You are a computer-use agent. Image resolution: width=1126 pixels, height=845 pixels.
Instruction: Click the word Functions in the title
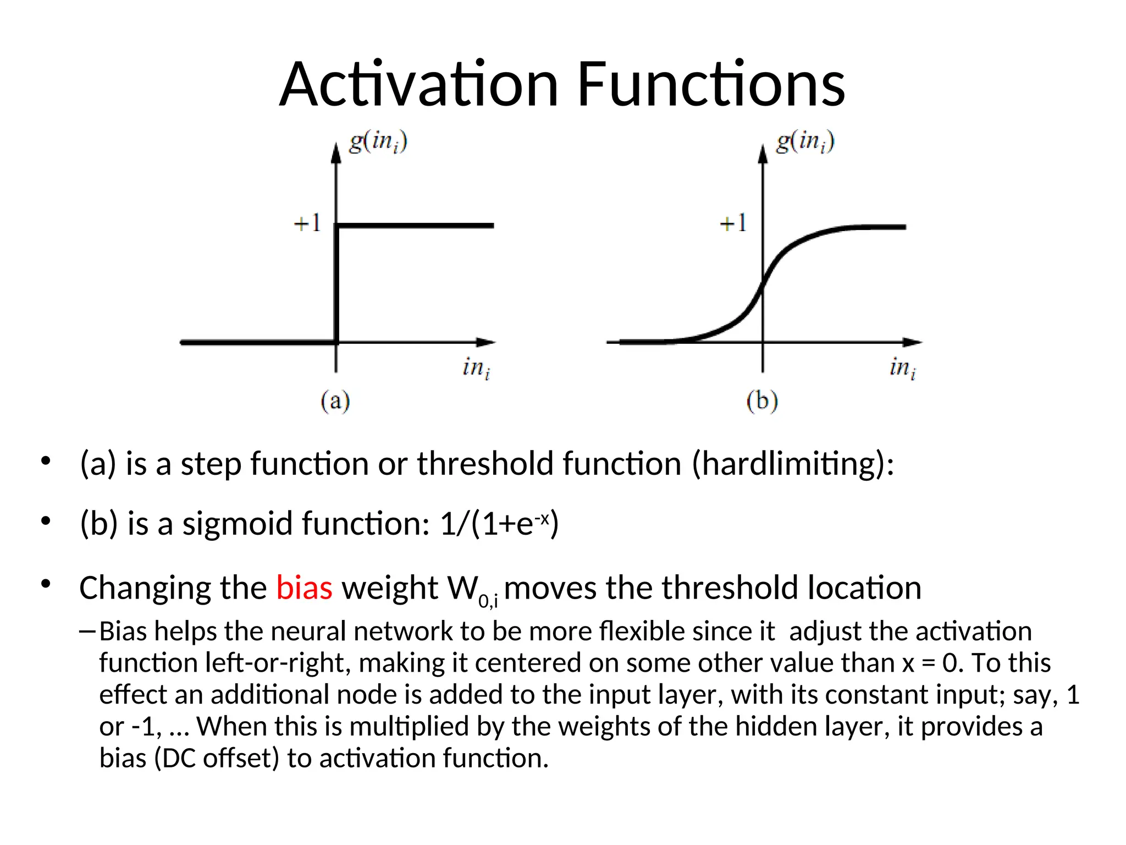[x=711, y=85]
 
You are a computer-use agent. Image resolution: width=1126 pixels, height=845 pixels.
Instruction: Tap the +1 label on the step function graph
[x=307, y=223]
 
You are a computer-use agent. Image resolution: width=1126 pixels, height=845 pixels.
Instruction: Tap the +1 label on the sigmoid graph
[x=733, y=223]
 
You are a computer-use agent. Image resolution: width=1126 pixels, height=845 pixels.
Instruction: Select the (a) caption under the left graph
[x=335, y=400]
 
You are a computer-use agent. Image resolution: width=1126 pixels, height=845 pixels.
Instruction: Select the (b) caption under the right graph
[x=762, y=400]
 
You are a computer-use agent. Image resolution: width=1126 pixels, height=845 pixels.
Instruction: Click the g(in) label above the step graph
[x=378, y=142]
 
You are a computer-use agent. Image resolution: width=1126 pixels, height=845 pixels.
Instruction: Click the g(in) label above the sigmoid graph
[x=805, y=142]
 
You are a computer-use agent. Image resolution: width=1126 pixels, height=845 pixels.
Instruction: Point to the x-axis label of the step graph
[x=476, y=367]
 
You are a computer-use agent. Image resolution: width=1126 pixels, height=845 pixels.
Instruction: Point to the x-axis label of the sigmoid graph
[x=903, y=367]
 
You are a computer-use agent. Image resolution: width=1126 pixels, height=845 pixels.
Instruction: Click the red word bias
[x=304, y=588]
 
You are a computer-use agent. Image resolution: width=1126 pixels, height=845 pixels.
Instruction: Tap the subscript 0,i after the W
[x=488, y=601]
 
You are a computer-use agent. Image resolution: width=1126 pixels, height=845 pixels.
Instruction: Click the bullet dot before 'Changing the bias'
[x=46, y=584]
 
